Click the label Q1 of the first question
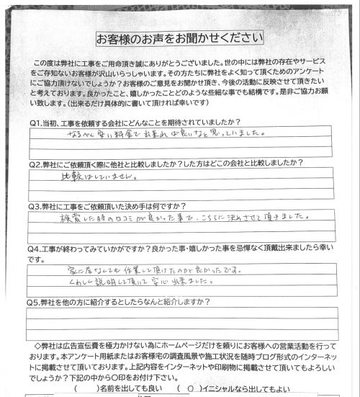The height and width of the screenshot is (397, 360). [36, 122]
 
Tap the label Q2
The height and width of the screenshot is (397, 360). [36, 164]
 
